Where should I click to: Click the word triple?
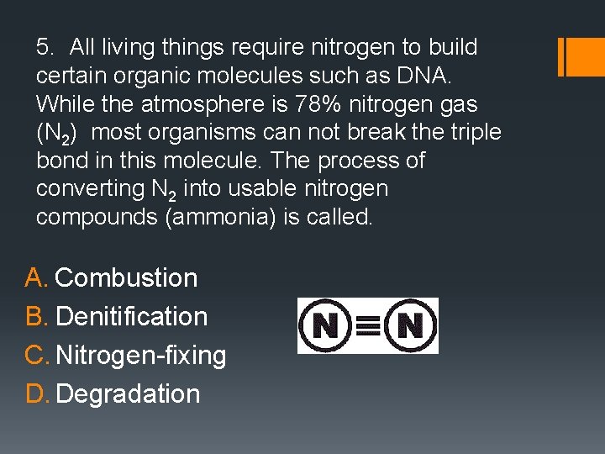pos(474,132)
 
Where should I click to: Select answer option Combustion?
pos(126,277)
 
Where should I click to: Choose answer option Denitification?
pos(131,316)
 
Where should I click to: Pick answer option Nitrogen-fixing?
pos(141,356)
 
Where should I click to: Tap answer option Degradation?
pos(128,393)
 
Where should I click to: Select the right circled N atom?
pos(410,325)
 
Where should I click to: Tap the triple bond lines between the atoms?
pos(368,325)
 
